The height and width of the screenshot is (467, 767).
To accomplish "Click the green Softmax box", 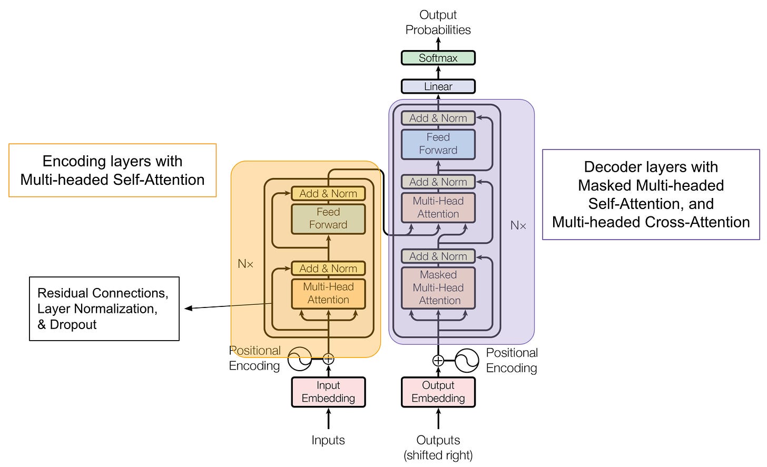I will tap(438, 58).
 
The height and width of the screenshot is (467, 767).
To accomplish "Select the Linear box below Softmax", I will tap(438, 86).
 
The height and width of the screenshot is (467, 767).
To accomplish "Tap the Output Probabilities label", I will tap(438, 22).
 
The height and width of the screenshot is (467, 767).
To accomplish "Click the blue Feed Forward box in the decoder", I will tap(438, 144).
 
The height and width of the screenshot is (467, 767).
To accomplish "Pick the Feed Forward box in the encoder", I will tap(328, 218).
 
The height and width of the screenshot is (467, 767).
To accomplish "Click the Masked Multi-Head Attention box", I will tap(438, 287).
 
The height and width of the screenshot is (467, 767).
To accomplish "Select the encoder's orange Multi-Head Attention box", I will tap(328, 293).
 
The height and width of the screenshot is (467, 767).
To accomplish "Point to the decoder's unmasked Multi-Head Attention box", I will tap(438, 207).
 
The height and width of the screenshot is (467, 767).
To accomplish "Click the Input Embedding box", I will tap(328, 392).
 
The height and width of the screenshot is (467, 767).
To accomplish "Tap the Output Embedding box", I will tap(438, 392).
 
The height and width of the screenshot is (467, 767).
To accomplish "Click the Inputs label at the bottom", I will tap(328, 440).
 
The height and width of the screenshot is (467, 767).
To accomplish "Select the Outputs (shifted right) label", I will tap(438, 448).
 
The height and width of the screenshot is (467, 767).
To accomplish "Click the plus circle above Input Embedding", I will tap(328, 359).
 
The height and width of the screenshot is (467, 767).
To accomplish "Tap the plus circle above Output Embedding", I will tap(438, 361).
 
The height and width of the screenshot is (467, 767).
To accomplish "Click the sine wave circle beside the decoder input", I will tap(467, 361).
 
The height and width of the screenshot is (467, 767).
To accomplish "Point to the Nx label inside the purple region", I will tap(518, 226).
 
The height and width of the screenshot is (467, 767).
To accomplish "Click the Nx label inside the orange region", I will tap(245, 264).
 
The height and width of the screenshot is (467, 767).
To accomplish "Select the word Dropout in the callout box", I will tap(73, 325).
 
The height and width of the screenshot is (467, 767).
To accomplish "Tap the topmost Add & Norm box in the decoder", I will tap(438, 118).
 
